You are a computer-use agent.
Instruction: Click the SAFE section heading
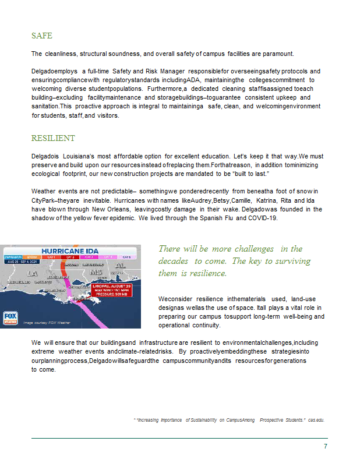click(42, 36)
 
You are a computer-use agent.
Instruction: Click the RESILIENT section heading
click(53, 139)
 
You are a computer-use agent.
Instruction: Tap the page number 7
click(326, 446)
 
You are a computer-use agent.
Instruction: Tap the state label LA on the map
click(32, 273)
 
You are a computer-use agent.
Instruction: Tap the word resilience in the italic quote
click(207, 273)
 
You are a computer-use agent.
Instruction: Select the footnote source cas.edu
click(316, 419)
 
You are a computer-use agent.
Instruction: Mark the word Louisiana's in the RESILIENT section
click(76, 157)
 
